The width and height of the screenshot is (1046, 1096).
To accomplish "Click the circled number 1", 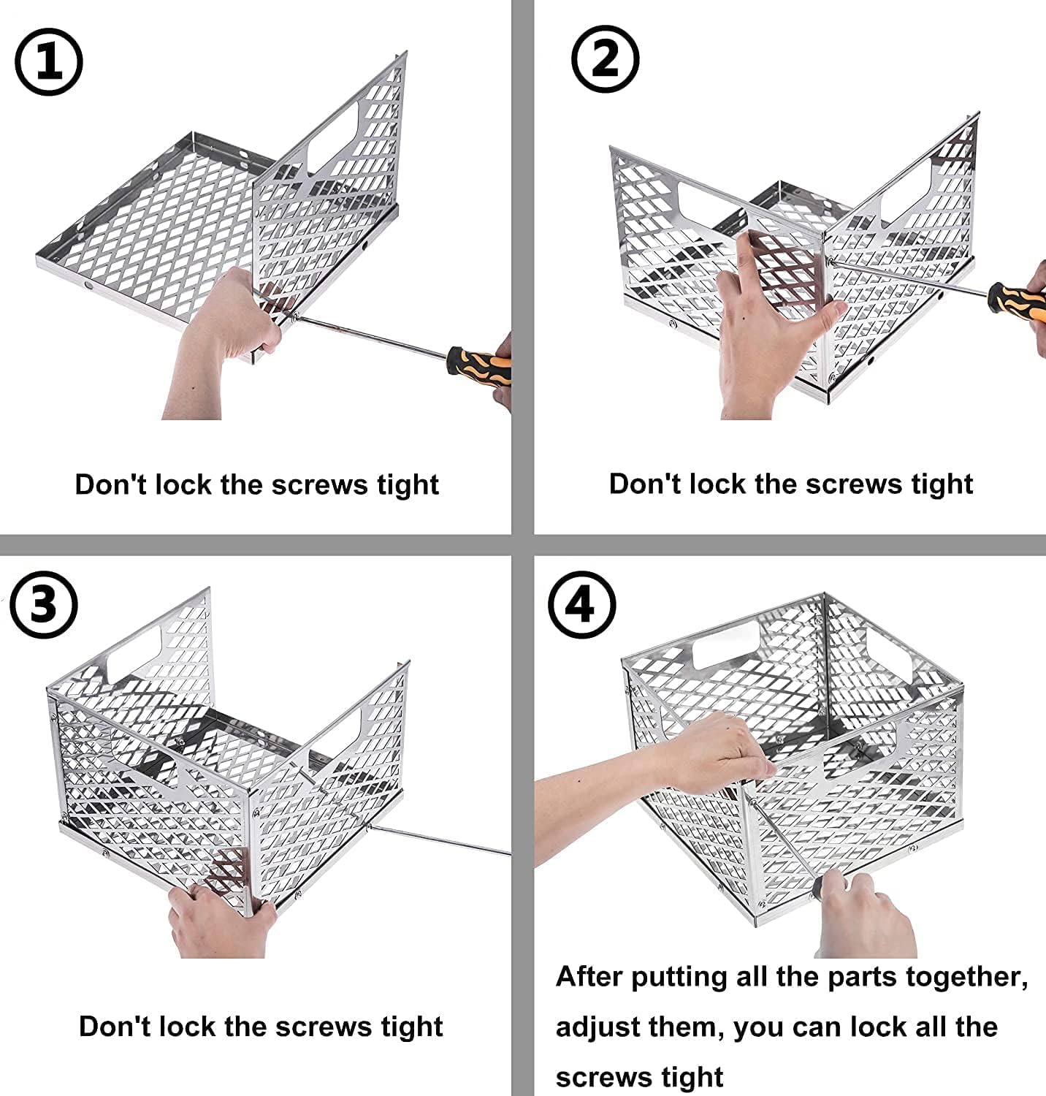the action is [49, 61].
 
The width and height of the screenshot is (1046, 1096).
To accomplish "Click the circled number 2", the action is [604, 59].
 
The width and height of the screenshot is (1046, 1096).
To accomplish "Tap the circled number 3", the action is [44, 605].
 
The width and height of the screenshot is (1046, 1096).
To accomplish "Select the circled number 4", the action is [581, 604].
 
